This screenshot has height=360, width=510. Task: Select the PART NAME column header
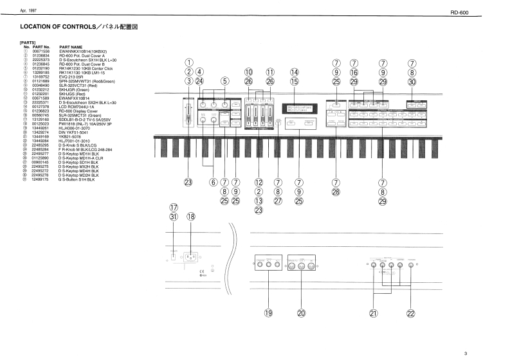(x=71, y=47)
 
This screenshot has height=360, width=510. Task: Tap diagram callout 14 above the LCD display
(x=295, y=73)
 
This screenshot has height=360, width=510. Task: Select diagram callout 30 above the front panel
(x=412, y=82)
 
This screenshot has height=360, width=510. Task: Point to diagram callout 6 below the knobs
(x=213, y=183)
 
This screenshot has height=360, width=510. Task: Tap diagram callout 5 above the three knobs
(x=224, y=82)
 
